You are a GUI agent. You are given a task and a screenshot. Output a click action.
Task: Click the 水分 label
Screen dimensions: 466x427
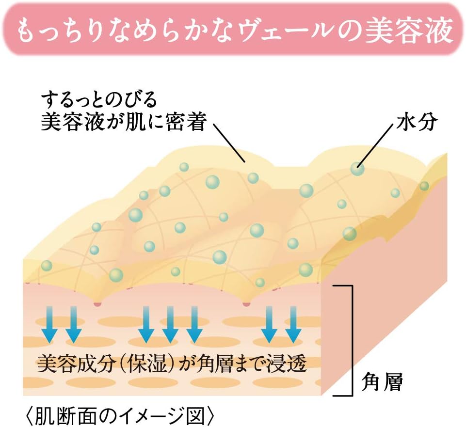[x=417, y=122]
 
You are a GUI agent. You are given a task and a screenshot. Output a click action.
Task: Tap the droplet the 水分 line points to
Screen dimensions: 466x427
[x=357, y=169]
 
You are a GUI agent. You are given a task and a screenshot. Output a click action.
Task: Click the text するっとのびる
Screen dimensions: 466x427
[x=99, y=99]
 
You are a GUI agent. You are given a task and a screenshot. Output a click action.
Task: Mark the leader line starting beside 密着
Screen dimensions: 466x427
[x=229, y=143]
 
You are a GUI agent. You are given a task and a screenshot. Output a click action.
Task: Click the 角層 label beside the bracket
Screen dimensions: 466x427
[x=382, y=382]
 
